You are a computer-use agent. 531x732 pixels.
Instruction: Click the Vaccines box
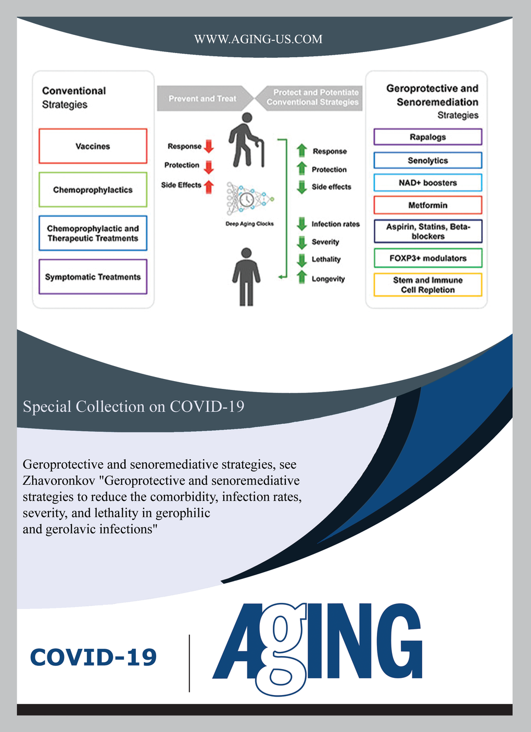click(x=93, y=146)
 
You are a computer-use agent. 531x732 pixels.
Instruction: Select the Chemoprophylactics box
click(x=93, y=190)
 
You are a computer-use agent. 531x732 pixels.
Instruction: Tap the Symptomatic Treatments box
click(x=93, y=277)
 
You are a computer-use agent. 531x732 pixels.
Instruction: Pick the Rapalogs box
click(x=427, y=137)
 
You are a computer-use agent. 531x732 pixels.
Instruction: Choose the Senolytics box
click(x=427, y=160)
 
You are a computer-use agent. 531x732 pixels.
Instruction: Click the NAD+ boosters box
click(x=427, y=183)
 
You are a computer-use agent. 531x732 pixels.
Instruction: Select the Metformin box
click(x=427, y=205)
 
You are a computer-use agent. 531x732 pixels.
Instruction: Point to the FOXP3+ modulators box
click(x=427, y=258)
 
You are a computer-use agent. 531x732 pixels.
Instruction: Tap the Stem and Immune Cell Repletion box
click(x=427, y=285)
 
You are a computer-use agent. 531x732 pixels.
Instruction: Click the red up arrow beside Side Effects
click(x=209, y=186)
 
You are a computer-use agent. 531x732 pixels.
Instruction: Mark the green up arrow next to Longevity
click(x=301, y=277)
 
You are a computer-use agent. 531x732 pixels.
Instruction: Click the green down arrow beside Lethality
click(x=301, y=260)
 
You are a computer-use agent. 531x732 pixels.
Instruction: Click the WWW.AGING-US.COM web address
click(x=258, y=39)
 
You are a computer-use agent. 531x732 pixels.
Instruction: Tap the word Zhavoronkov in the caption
click(x=59, y=481)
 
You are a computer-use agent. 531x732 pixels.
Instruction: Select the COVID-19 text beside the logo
click(x=94, y=658)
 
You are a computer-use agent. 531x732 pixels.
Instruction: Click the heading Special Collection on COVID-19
click(x=133, y=407)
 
